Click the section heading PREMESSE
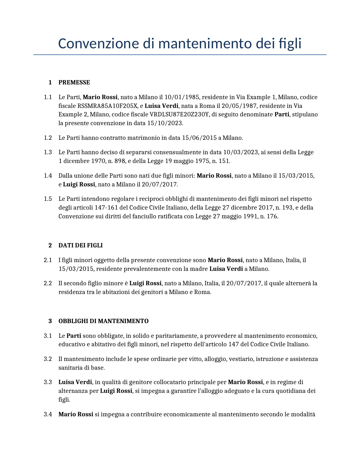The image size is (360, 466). pos(74,82)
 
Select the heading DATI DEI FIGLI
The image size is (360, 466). pos(80,245)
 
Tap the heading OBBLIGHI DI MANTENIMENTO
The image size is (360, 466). pos(103,321)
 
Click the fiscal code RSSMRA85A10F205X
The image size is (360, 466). pos(107,106)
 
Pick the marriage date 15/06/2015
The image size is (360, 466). pos(199,138)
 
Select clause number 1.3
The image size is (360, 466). pos(48,152)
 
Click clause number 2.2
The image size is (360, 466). pos(48,283)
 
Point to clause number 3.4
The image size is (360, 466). pos(48,414)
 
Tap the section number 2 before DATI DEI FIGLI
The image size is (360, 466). pos(50,245)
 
